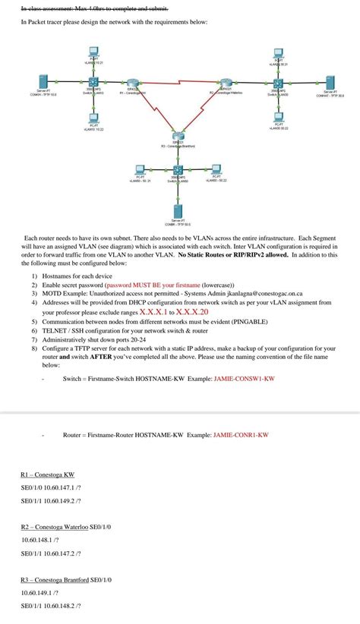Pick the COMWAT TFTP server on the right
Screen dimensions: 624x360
[x=330, y=83]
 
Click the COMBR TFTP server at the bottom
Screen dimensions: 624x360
[x=177, y=210]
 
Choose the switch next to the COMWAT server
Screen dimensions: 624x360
[x=279, y=84]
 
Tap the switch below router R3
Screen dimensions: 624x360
[x=178, y=171]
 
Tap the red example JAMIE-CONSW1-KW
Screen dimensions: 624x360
[x=244, y=377]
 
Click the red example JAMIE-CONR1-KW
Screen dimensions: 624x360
[x=241, y=435]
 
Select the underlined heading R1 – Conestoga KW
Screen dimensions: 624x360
[x=47, y=474]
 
